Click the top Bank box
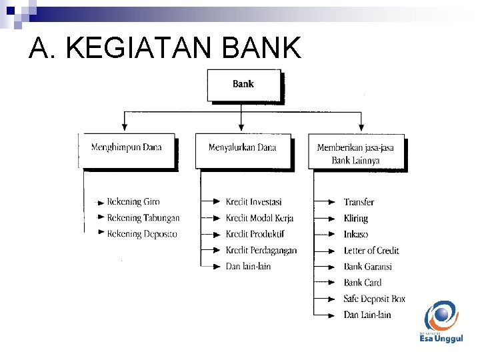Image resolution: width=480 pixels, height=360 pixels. [x=243, y=85]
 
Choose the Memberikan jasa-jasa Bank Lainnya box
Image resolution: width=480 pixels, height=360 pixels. [x=356, y=153]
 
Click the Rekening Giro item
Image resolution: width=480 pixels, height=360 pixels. [x=133, y=201]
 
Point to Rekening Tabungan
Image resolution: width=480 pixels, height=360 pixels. [x=143, y=218]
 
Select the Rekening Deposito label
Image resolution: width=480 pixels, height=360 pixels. [x=142, y=234]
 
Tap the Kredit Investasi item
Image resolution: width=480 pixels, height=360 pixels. [x=253, y=202]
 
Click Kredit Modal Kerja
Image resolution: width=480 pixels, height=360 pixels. [x=259, y=218]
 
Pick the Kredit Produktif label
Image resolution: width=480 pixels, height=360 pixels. [x=255, y=234]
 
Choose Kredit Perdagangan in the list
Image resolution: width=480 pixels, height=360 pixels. [x=261, y=250]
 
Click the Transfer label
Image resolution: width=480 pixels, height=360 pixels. [x=359, y=202]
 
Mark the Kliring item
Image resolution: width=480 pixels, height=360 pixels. [x=356, y=218]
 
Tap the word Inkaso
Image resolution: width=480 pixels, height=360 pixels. [x=356, y=234]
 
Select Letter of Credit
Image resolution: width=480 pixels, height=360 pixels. [x=371, y=250]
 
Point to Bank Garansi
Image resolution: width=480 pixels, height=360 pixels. [x=367, y=266]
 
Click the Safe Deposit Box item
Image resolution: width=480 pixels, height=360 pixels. [x=374, y=299]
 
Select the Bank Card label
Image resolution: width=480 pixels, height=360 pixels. [x=363, y=283]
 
